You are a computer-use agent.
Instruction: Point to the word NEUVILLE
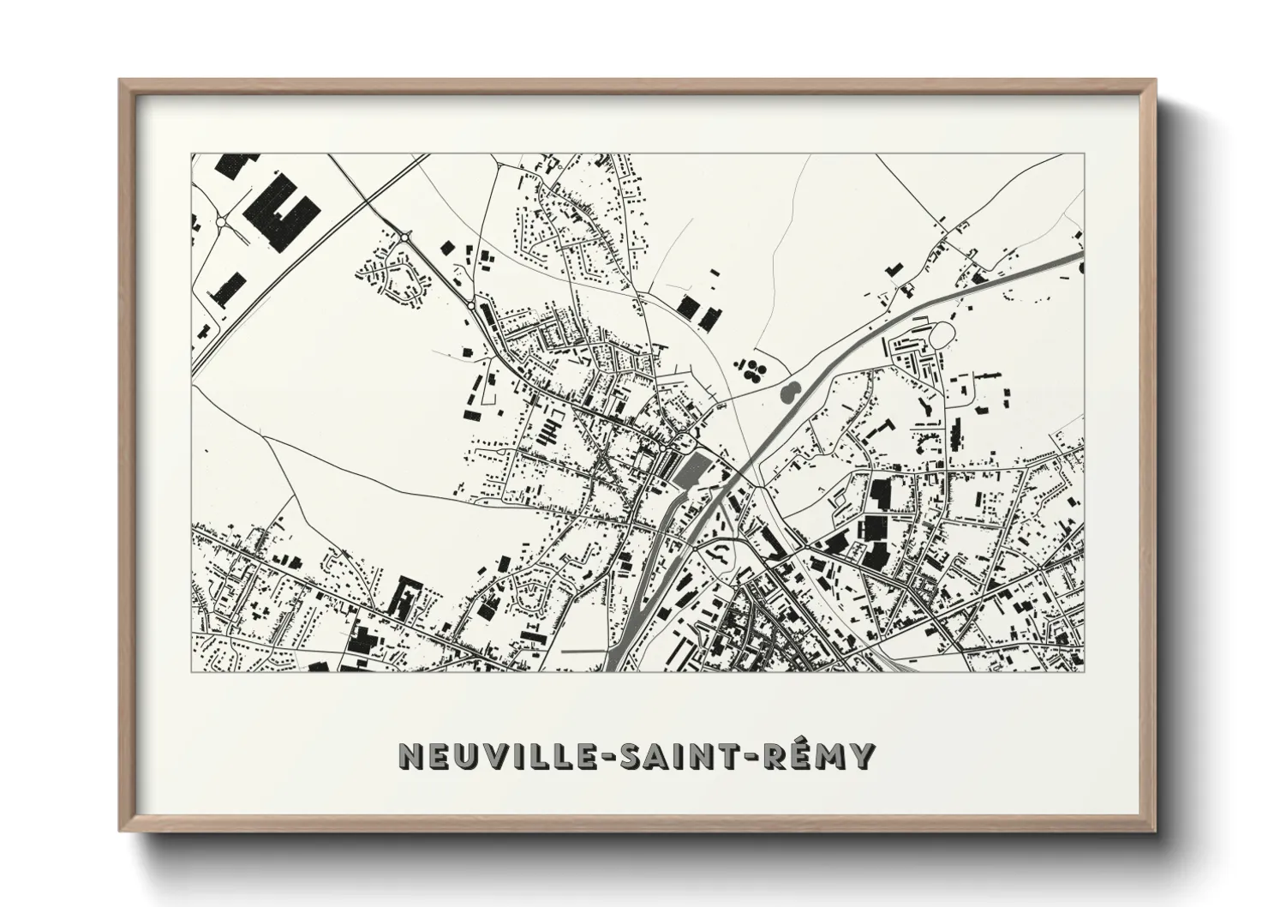(502, 755)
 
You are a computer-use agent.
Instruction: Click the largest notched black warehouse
(281, 211)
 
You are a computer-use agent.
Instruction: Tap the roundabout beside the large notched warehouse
(221, 221)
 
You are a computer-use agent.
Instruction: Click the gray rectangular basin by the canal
(692, 470)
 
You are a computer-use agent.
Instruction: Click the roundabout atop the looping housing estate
(404, 237)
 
